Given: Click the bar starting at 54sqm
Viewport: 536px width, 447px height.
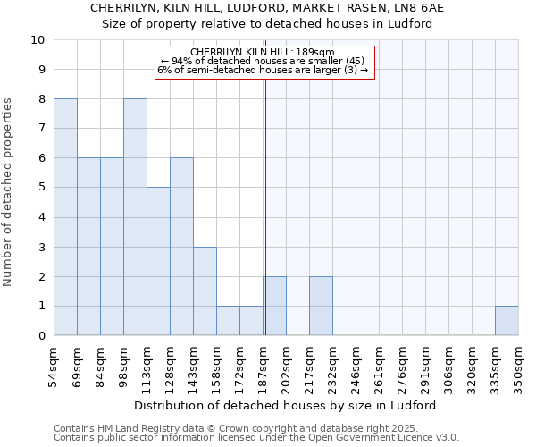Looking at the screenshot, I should [x=65, y=217].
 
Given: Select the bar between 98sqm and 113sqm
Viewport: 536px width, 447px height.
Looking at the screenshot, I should [x=135, y=217].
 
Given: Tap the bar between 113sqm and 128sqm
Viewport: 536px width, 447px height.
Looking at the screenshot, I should [x=158, y=261].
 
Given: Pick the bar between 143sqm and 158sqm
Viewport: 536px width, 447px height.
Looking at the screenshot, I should [x=205, y=291].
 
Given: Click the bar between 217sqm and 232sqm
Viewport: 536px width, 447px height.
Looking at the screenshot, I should [x=321, y=306].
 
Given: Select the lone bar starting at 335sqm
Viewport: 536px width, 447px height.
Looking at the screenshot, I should [x=507, y=320].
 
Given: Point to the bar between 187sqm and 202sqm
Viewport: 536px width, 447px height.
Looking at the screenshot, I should [x=274, y=306].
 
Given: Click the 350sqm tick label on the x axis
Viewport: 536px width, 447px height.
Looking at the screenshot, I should [x=519, y=367].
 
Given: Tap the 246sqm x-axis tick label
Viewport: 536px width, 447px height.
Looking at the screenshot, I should [x=356, y=367].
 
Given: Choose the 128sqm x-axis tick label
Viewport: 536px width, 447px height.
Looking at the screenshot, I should [x=171, y=367].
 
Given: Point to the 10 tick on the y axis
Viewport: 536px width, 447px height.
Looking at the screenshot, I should [x=38, y=40].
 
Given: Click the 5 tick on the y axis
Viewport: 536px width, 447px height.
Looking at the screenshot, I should [x=41, y=188].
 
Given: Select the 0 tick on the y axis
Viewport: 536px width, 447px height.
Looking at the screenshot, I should [x=41, y=336].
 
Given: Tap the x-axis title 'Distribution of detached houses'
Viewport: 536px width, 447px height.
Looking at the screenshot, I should [x=286, y=405].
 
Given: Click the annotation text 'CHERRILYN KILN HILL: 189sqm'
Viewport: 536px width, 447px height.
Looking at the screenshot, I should [x=263, y=53].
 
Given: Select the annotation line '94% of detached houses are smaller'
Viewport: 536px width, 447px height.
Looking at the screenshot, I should [x=263, y=62].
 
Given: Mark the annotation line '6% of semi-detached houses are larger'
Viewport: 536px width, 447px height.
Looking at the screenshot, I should [x=263, y=71].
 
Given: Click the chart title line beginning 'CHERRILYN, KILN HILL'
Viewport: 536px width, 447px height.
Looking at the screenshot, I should [x=267, y=7].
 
